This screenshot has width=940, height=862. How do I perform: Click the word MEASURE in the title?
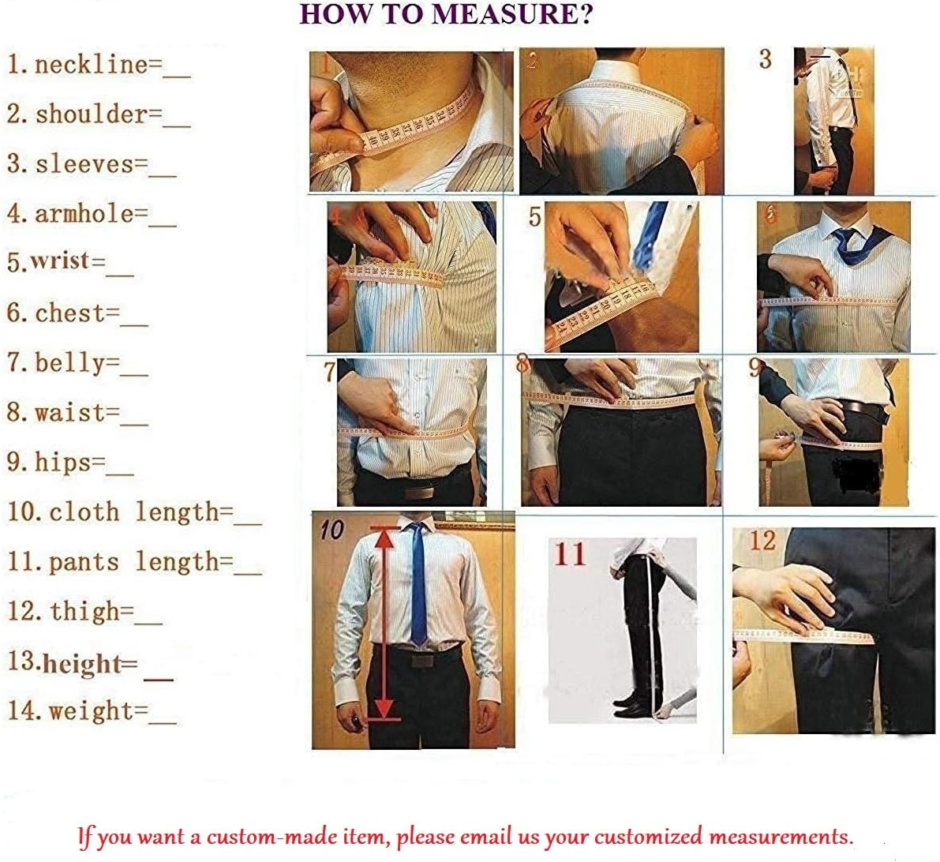point(514,13)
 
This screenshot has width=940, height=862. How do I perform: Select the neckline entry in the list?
point(99,65)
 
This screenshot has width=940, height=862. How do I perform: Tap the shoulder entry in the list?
point(99,114)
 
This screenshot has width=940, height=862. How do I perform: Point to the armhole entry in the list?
point(92,214)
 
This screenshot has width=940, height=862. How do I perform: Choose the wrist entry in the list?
point(70,262)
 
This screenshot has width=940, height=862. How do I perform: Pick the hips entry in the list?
point(70,463)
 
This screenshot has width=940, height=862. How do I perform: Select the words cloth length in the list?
point(134,512)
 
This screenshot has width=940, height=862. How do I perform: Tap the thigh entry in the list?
point(84,612)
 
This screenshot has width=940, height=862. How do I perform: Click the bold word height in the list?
point(82,664)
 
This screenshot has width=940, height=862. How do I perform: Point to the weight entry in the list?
point(92,711)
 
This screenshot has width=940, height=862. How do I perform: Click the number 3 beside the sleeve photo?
point(766,59)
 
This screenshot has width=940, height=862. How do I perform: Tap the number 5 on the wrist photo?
point(535,217)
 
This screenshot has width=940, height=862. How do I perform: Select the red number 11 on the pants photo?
point(570,554)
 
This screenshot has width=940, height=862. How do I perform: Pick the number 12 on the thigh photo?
point(763,541)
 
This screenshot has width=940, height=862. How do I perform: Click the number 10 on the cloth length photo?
point(331,530)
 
